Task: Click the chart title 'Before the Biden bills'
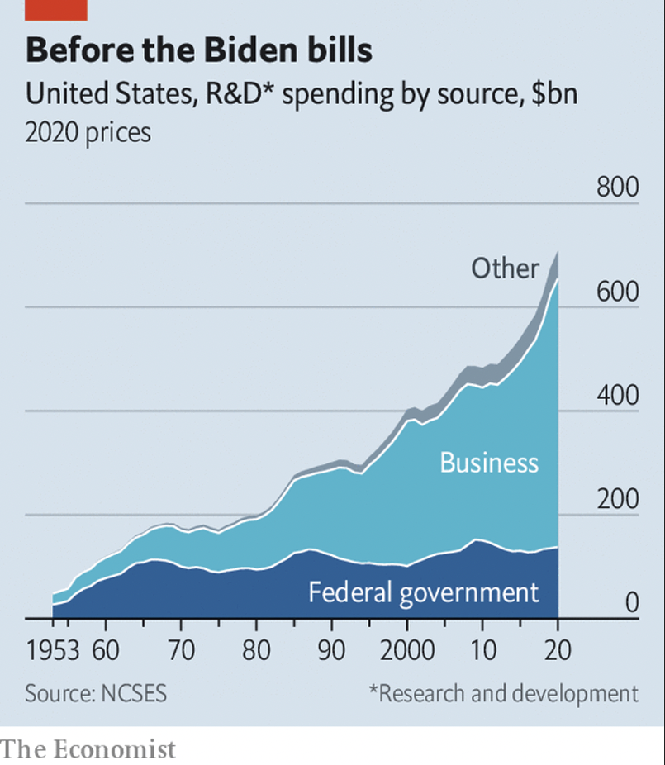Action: point(198,50)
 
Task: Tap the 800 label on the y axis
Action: point(618,188)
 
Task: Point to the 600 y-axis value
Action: point(618,292)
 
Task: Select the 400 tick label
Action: point(618,396)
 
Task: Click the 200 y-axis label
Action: point(618,500)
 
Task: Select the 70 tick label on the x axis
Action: point(181,650)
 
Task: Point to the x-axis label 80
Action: point(256,650)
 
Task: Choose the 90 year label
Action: point(331,650)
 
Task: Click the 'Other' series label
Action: point(505,268)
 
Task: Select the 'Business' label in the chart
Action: point(489,462)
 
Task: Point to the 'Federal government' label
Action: point(423,592)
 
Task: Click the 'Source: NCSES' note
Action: point(96,692)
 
